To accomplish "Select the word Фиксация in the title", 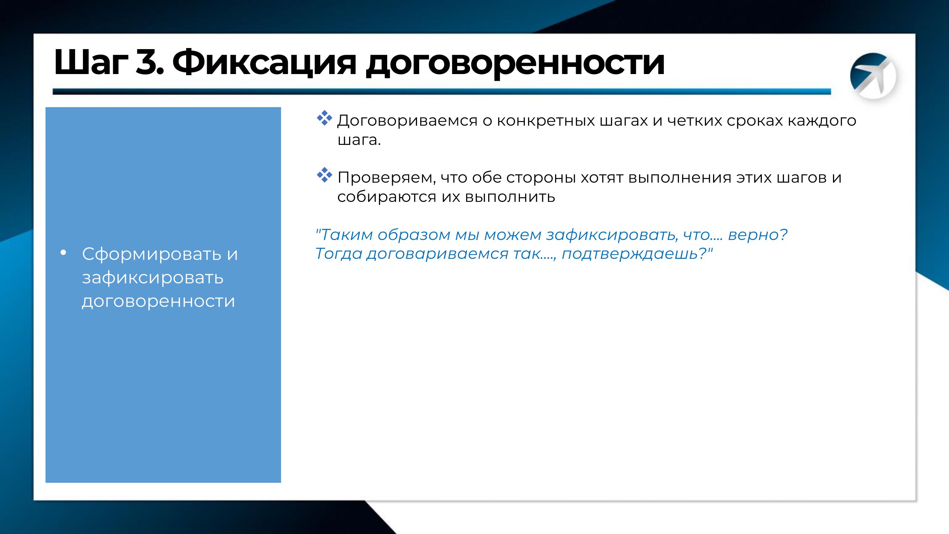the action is (264, 63).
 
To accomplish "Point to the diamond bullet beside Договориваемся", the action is (324, 118).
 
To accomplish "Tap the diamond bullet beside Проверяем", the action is (324, 176).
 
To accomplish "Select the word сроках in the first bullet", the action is (754, 121).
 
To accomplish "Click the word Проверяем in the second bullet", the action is (386, 178).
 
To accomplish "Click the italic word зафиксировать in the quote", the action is (612, 235).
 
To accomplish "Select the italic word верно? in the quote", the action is (758, 234).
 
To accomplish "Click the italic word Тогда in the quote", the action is (338, 254).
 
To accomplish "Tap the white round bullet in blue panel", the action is (63, 253).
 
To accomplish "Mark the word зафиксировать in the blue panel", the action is (153, 278).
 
